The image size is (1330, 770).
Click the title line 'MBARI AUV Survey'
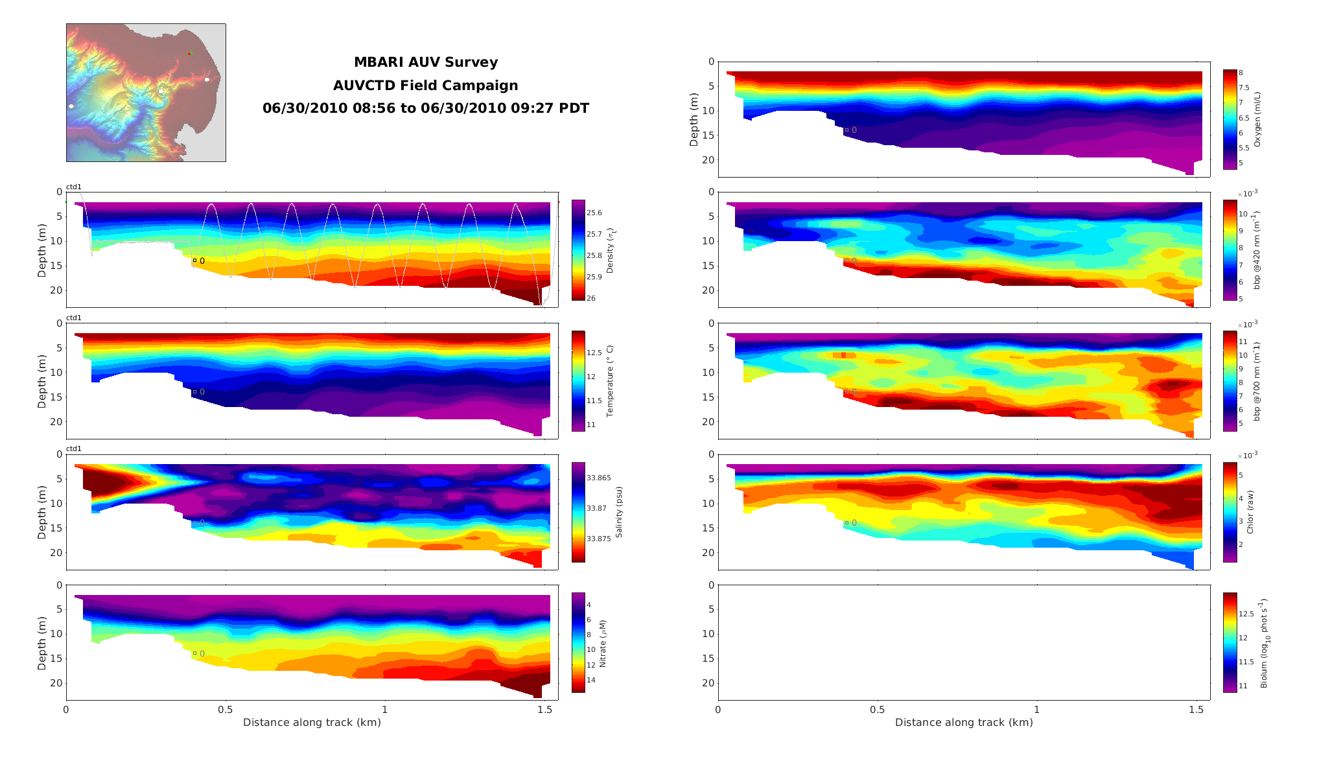click(x=425, y=62)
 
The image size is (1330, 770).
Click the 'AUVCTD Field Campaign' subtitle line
click(x=425, y=86)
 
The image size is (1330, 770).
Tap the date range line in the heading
click(x=425, y=108)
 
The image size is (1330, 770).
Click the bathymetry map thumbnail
click(x=146, y=93)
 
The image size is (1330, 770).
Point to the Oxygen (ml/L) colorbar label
click(x=1257, y=119)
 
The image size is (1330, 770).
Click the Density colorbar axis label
click(x=610, y=251)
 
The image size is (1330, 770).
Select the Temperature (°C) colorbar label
click(x=610, y=381)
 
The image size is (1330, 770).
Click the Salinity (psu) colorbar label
click(x=619, y=512)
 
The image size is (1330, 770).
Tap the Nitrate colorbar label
click(x=603, y=644)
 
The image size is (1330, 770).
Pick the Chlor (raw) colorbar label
click(x=1250, y=512)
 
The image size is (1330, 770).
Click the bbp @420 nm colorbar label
click(x=1257, y=250)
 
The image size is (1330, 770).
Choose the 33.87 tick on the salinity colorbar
click(x=596, y=508)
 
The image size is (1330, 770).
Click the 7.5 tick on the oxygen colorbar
click(x=1244, y=87)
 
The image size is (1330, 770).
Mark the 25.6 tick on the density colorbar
click(x=594, y=213)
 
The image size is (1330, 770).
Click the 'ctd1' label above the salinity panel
click(x=74, y=449)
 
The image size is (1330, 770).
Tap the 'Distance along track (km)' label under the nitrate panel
click(x=312, y=722)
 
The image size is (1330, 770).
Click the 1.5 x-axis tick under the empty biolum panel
click(x=1196, y=710)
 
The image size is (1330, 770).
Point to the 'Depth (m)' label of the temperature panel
click(x=42, y=381)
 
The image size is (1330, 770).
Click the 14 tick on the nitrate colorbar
click(x=591, y=680)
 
